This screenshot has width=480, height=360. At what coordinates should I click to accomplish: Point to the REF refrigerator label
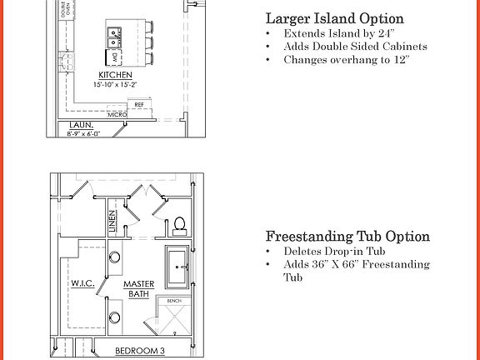(x=139, y=104)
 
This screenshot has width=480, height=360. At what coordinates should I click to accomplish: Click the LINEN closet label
(x=112, y=221)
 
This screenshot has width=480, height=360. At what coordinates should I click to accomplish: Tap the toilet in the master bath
(x=178, y=226)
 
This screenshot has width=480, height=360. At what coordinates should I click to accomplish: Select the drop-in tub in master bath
(x=178, y=267)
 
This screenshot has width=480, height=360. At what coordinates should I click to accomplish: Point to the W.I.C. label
(x=83, y=283)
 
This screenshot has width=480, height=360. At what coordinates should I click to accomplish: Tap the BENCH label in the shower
(x=173, y=300)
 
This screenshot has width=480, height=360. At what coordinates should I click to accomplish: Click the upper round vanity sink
(x=115, y=257)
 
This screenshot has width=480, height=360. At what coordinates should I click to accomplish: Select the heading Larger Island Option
(x=334, y=18)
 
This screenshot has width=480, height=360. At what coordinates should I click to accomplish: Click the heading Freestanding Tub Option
(x=347, y=237)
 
